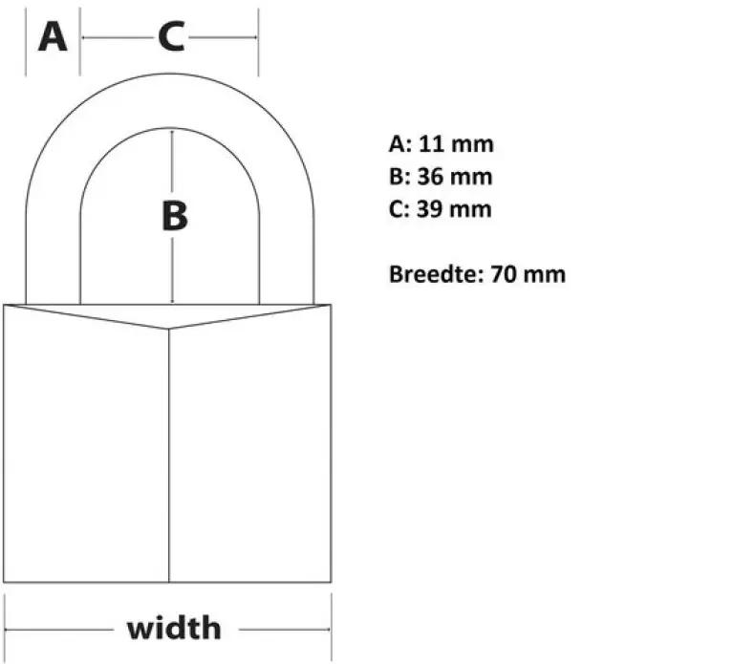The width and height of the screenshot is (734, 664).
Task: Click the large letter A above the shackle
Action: point(53,37)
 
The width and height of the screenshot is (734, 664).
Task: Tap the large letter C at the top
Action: point(171,36)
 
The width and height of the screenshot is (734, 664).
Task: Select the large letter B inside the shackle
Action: point(175,216)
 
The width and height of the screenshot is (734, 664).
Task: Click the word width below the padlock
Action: point(174,628)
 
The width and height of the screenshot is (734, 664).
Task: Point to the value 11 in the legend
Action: point(431,144)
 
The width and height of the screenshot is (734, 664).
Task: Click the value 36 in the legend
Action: point(430,177)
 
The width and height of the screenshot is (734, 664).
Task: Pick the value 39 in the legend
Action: point(430,208)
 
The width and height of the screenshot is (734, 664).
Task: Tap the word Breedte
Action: point(434,274)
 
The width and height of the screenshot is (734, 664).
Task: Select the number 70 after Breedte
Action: point(504,274)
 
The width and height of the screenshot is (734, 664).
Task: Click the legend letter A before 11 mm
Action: point(397,144)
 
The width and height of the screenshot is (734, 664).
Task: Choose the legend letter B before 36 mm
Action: point(396,177)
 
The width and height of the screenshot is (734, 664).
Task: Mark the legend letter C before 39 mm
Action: point(396,208)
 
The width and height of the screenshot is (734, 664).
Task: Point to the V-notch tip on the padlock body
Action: point(168,329)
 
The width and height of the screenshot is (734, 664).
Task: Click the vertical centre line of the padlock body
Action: point(168,456)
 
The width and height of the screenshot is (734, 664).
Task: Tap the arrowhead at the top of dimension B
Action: point(172,133)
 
